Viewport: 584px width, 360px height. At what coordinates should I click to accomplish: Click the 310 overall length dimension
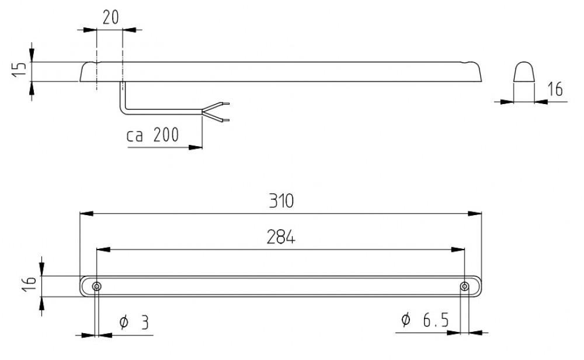pos(280,202)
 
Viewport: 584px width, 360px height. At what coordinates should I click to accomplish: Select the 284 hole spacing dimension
pos(280,238)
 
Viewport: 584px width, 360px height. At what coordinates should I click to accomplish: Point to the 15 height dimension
pos(19,70)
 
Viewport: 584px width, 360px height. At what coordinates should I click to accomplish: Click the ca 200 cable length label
pos(153,136)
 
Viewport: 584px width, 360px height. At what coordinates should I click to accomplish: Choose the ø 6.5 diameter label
pos(425,320)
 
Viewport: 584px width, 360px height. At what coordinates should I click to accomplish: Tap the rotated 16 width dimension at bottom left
pos(32,286)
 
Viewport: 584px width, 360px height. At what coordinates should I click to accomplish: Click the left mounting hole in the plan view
pos(96,286)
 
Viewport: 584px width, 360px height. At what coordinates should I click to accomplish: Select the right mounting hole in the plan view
pos(464,286)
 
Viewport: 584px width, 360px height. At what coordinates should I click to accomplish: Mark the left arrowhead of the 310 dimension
pos(84,214)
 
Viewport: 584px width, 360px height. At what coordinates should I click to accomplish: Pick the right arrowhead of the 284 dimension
pos(460,250)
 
